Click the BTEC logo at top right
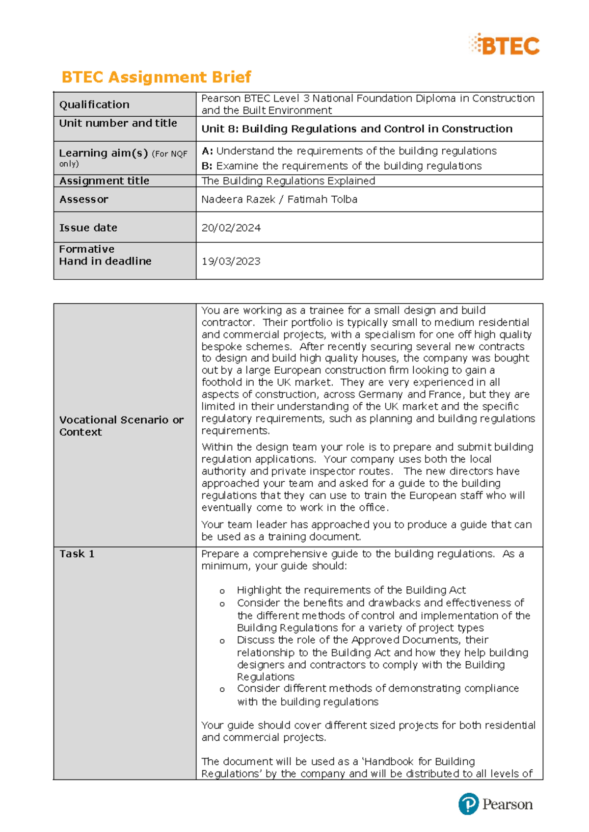click(x=505, y=45)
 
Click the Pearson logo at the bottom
click(x=496, y=804)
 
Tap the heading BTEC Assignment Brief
click(x=156, y=77)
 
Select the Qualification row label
click(x=94, y=104)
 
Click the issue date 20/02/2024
click(x=231, y=228)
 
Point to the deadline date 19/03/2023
click(x=231, y=261)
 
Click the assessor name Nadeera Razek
click(x=238, y=199)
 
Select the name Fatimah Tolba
click(x=322, y=199)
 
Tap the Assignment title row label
click(x=104, y=181)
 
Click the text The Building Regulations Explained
click(x=288, y=181)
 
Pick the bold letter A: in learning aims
click(x=207, y=151)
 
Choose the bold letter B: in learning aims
click(x=207, y=166)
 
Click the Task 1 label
click(x=77, y=554)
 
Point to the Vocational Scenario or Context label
click(x=121, y=426)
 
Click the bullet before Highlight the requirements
click(x=222, y=591)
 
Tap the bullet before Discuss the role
click(x=222, y=641)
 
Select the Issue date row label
click(x=88, y=228)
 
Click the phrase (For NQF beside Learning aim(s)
click(x=169, y=154)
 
